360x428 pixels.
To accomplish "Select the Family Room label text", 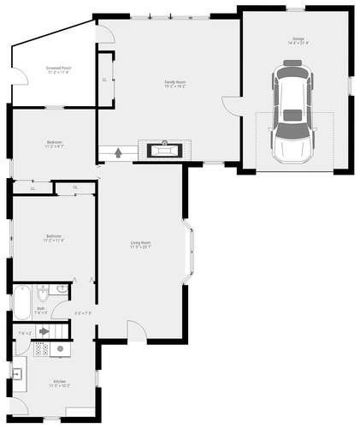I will point(175,84).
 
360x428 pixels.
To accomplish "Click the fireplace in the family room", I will point(164,150).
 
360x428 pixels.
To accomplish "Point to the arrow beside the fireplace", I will point(117,153).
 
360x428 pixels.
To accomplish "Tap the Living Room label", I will point(141,246).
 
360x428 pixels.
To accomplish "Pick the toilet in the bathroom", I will point(41,295).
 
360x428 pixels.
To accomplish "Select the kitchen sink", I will point(16,372).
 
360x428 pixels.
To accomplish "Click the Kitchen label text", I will point(59,382).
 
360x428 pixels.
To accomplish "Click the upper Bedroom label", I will point(55,143).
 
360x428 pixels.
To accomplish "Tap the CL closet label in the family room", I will point(104,79).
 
